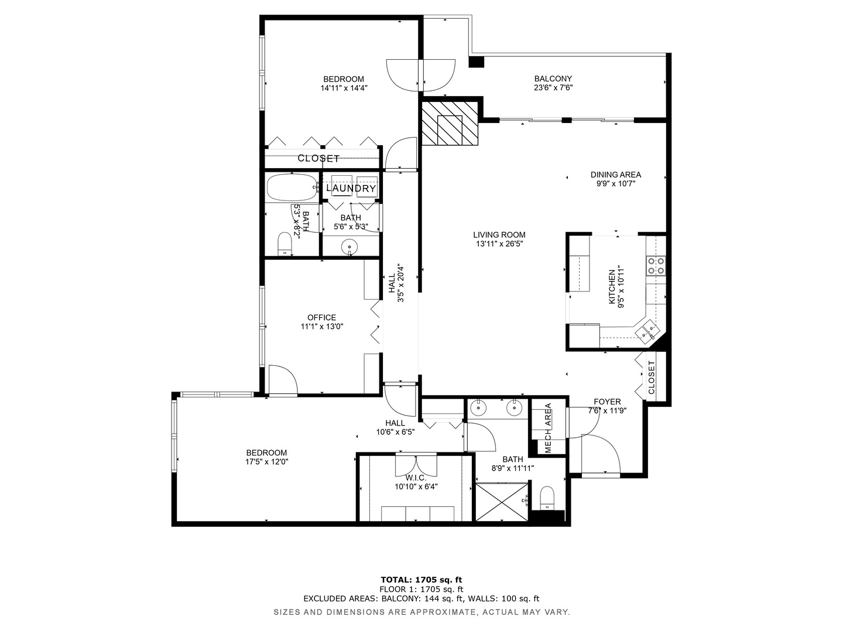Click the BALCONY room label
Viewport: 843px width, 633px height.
[553, 79]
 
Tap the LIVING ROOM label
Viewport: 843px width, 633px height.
[499, 235]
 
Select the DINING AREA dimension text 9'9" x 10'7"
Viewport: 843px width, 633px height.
[616, 183]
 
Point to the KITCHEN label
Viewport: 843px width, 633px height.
[611, 287]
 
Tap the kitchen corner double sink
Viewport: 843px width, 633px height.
[647, 330]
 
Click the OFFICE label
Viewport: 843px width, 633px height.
[321, 318]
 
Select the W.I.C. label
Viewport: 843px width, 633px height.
[416, 478]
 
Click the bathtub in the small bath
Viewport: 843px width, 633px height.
[292, 187]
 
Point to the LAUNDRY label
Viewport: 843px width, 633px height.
[351, 188]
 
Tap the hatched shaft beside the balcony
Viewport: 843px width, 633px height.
[450, 123]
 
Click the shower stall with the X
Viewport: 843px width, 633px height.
[501, 502]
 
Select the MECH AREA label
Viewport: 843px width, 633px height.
[548, 428]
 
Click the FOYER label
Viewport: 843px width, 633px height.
[607, 401]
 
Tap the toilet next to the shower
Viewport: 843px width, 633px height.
[546, 498]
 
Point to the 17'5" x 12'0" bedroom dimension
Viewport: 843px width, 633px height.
[266, 462]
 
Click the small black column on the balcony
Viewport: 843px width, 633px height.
[476, 62]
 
